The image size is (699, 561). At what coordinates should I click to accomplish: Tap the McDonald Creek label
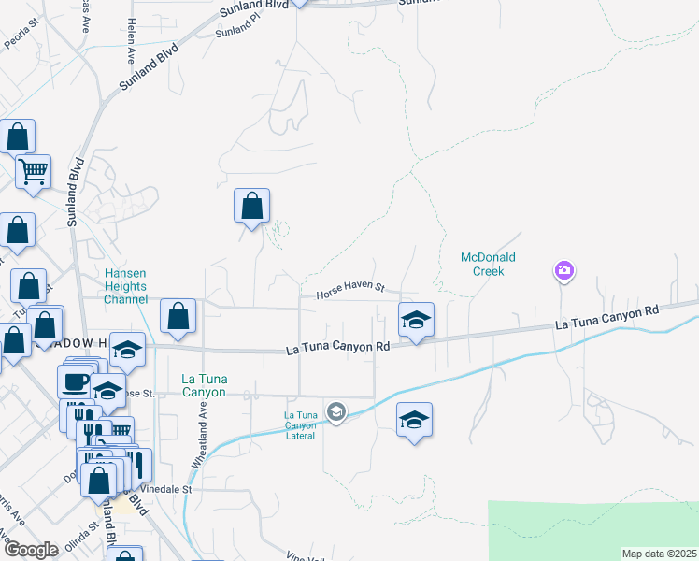pos(482,264)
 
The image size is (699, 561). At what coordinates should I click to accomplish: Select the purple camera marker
pos(563,271)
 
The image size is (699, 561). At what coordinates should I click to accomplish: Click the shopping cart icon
pos(33,172)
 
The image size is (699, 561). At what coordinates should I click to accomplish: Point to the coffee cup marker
pos(75,381)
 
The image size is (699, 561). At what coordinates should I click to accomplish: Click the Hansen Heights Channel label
pos(126,286)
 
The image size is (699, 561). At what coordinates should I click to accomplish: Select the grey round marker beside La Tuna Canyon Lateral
pos(336,411)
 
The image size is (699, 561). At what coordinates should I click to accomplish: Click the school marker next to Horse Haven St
pos(414,321)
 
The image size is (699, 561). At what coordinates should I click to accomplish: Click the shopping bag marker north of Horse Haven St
pos(251,207)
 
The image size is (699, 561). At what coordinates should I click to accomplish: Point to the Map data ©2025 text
pos(659,554)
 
